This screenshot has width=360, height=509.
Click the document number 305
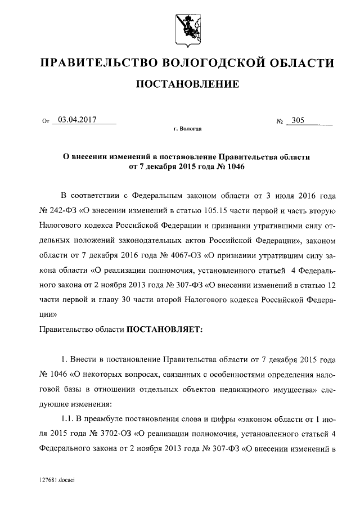click(x=294, y=120)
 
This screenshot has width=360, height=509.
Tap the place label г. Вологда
click(x=188, y=129)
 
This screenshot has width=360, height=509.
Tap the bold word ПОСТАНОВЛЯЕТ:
click(x=163, y=328)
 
